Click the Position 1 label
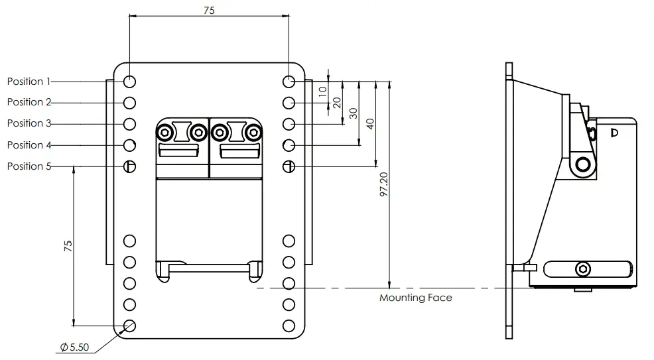[29, 82]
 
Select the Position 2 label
[29, 102]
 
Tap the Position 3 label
[29, 123]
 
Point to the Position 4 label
[29, 145]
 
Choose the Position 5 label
[29, 166]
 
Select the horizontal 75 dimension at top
[210, 10]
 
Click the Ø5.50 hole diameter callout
[75, 347]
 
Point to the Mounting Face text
[415, 298]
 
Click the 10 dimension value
[323, 91]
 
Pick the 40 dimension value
[370, 124]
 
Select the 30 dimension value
[353, 113]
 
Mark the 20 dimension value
[337, 103]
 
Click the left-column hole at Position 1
[130, 82]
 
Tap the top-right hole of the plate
[289, 82]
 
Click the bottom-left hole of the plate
[130, 326]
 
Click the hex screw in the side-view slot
[583, 269]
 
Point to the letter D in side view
[614, 133]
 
